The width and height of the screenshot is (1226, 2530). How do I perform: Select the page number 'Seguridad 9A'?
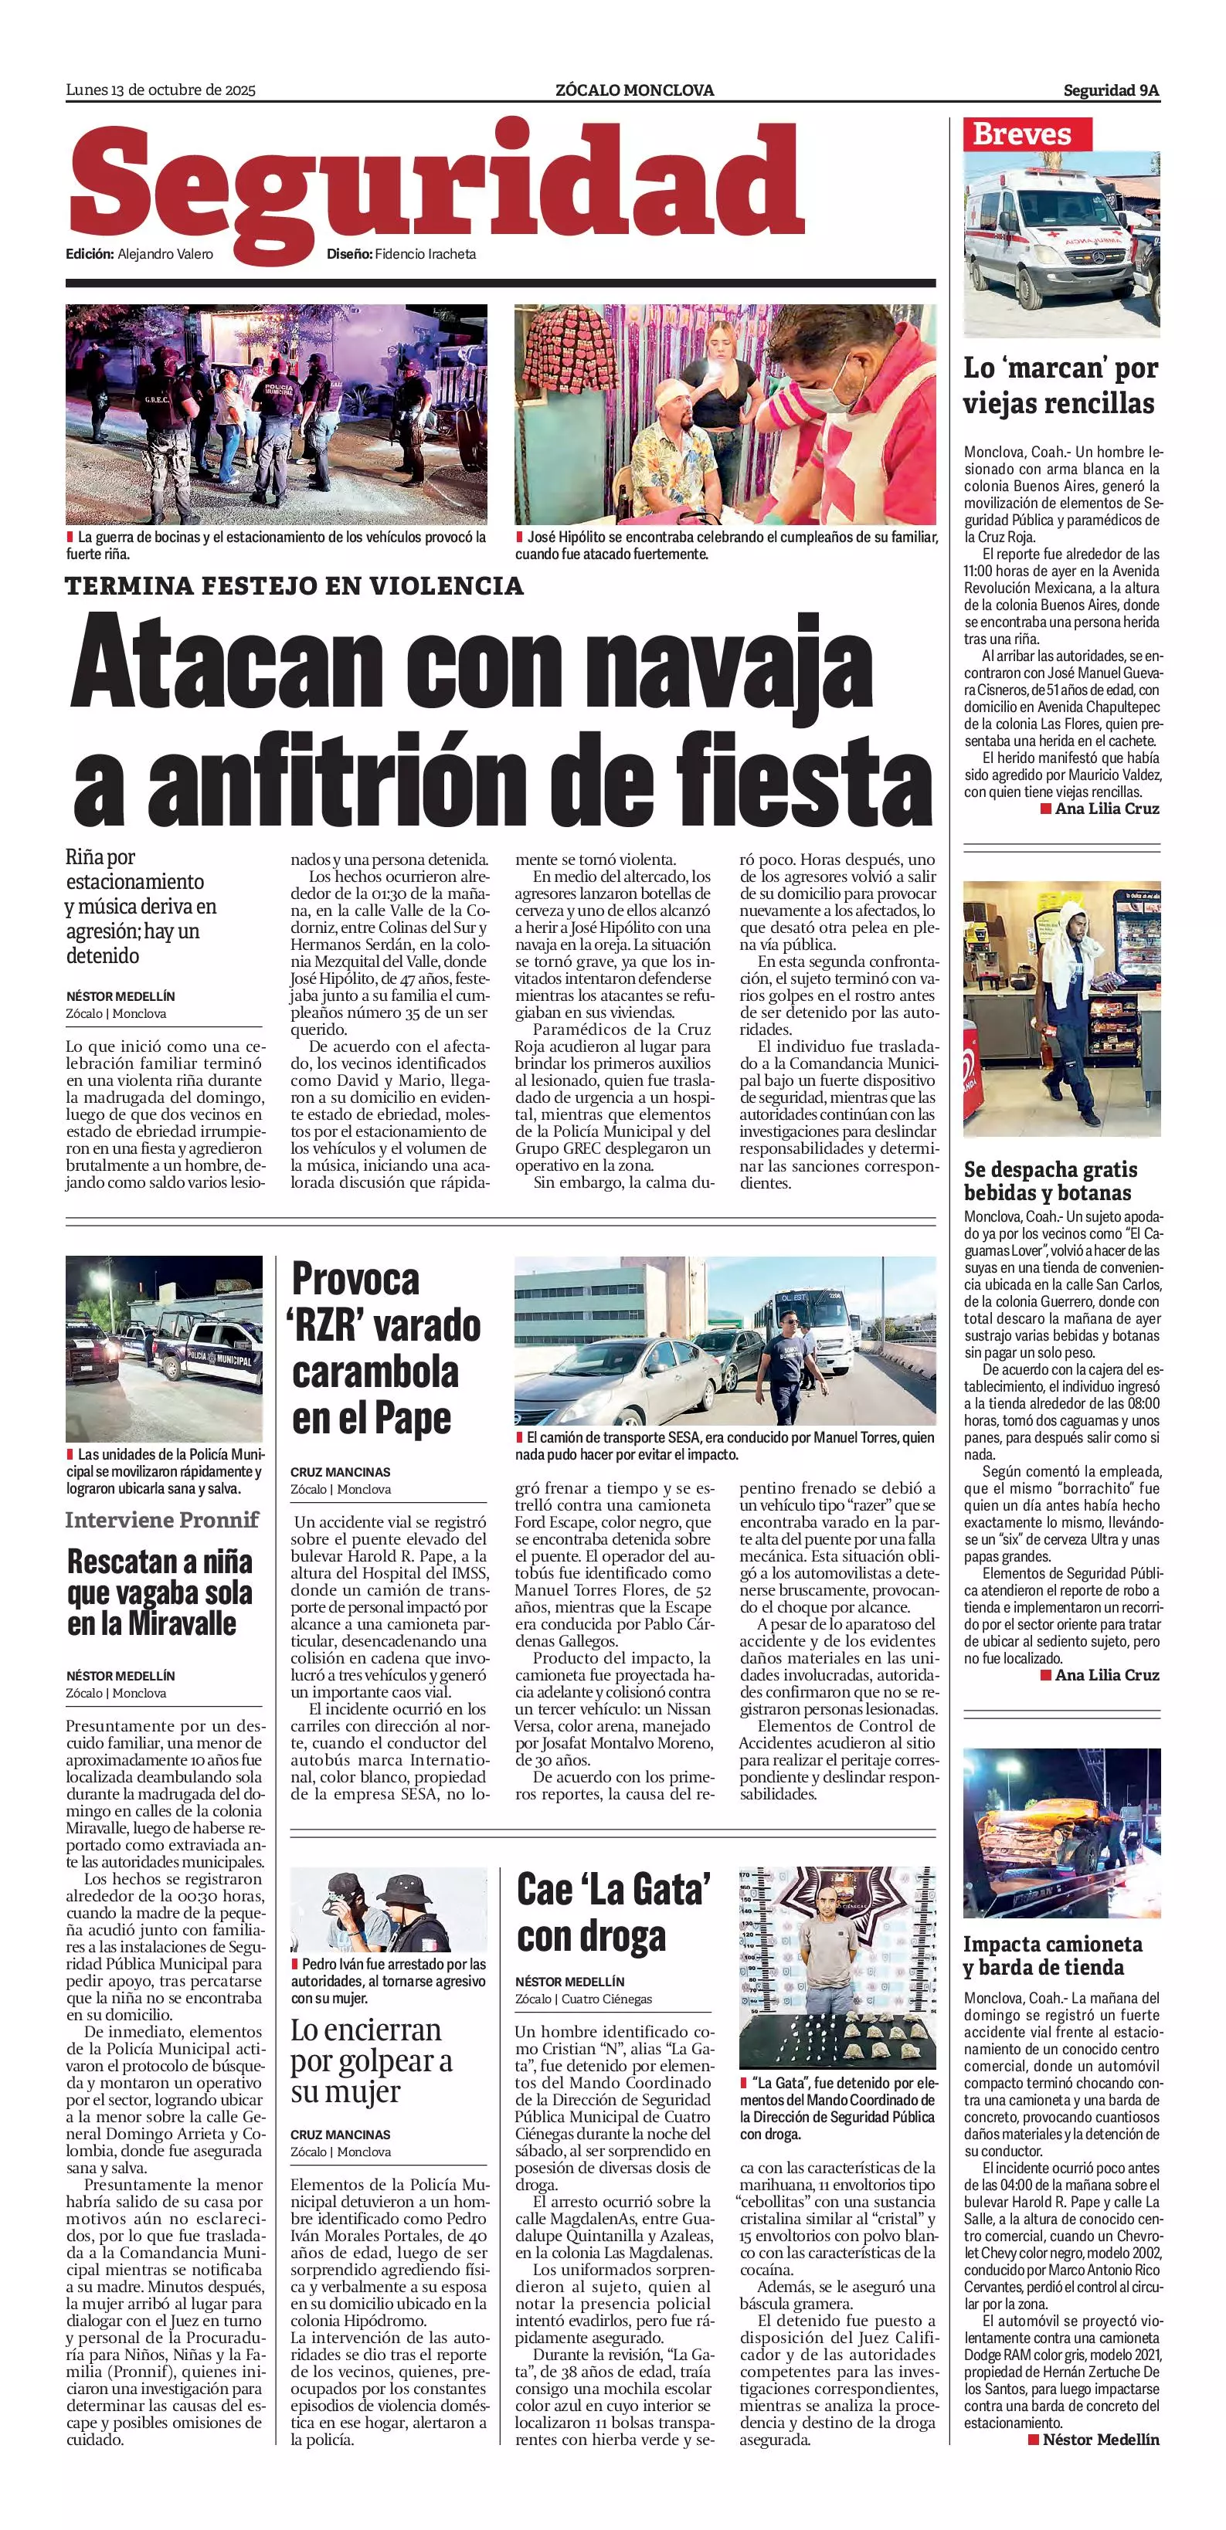1110,90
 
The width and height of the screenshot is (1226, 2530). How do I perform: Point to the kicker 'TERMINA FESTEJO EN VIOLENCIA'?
294,586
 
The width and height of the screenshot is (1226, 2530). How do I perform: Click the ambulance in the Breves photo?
1041,246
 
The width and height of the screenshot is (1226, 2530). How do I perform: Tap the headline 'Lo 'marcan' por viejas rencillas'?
1059,385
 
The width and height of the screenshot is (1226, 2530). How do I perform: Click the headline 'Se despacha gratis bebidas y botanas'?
1049,1181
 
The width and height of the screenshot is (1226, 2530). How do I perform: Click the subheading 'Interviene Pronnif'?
162,1521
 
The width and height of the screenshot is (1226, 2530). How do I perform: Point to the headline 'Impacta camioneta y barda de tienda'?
1052,1955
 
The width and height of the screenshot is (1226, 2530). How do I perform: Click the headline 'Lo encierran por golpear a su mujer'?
372,2060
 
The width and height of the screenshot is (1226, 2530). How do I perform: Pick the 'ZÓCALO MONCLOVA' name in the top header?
634,90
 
